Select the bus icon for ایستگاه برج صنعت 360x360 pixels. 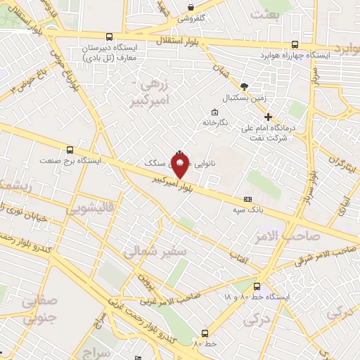(69, 150)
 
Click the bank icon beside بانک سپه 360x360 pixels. (247, 200)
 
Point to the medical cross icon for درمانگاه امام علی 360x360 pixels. (268, 117)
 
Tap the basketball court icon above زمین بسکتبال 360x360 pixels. (244, 86)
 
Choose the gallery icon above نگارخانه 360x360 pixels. (214, 111)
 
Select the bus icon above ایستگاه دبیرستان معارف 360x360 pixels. (109, 37)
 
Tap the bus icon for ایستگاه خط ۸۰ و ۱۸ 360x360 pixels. (257, 286)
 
